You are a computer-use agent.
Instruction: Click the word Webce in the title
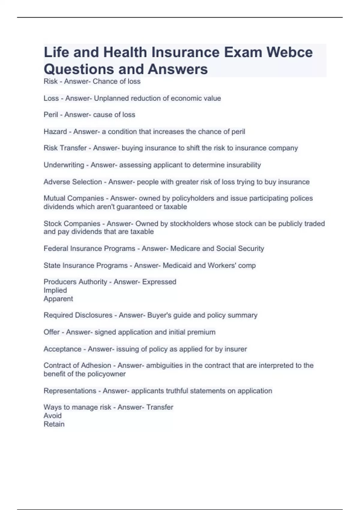[x=289, y=52]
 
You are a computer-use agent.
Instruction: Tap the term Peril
[x=51, y=115]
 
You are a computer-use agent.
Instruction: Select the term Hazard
[x=55, y=132]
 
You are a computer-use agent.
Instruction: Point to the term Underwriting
[x=64, y=165]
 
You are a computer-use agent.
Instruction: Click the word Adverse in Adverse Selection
[x=56, y=182]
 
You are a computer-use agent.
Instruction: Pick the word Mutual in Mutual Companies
[x=54, y=198]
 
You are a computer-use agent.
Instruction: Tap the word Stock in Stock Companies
[x=52, y=223]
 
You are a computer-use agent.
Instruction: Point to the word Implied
[x=55, y=290]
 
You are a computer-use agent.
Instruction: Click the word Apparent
[x=58, y=299]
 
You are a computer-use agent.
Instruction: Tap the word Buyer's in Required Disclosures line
[x=159, y=315]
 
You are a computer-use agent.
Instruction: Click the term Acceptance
[x=62, y=349]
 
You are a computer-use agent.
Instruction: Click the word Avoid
[x=52, y=416]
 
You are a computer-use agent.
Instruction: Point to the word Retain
[x=54, y=424]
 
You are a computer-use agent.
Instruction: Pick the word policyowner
[x=106, y=374]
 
